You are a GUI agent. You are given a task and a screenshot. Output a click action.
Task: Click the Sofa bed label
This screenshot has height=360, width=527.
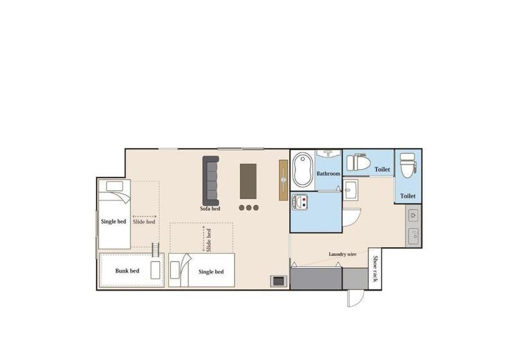click(210, 208)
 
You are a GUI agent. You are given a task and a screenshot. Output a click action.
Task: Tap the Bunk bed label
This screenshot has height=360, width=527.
click(127, 271)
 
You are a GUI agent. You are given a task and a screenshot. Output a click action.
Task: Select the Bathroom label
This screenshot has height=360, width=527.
click(328, 174)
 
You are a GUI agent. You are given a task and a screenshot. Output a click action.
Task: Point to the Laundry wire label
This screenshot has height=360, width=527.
click(343, 254)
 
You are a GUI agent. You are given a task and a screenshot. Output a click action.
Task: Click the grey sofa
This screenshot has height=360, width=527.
click(211, 180)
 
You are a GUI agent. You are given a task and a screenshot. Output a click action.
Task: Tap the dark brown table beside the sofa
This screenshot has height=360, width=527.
click(248, 181)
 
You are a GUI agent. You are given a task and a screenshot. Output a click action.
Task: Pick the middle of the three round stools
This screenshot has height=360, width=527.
click(248, 208)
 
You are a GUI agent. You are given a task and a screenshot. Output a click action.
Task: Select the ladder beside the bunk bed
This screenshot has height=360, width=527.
click(155, 249)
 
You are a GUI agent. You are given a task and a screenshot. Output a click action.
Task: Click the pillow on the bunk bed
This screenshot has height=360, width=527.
click(156, 270)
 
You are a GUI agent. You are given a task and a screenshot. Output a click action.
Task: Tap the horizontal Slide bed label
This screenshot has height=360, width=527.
click(144, 222)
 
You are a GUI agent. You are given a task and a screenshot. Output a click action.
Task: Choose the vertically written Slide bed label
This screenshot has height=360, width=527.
click(208, 239)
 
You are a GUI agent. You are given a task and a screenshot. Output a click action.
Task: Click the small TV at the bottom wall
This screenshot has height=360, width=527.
click(279, 280)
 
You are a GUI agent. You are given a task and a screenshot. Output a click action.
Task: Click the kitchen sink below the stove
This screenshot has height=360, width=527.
click(413, 236)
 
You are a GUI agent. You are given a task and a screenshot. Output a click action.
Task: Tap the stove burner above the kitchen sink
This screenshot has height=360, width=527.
click(413, 215)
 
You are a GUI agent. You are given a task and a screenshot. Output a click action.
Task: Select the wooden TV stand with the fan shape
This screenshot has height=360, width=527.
click(283, 180)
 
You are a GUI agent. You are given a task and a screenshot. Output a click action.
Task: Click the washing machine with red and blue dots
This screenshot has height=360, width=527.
click(300, 203)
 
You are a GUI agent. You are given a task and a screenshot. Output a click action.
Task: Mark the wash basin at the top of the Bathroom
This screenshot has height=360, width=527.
click(329, 154)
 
